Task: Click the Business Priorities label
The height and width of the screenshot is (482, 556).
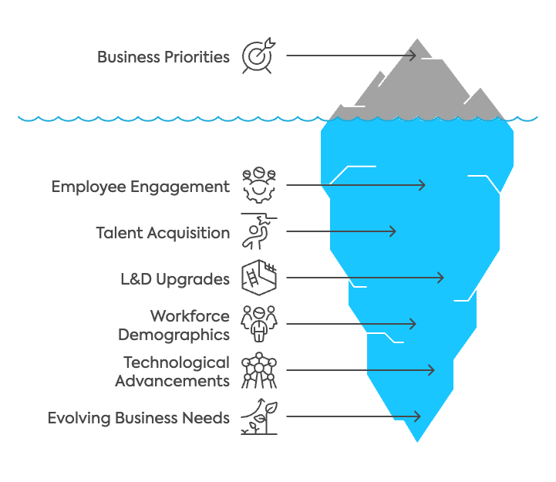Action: (x=163, y=56)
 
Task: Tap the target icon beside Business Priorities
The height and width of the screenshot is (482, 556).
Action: (x=258, y=56)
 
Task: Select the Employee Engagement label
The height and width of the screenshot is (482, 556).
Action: (x=140, y=187)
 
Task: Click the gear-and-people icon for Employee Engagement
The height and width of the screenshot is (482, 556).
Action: (x=259, y=185)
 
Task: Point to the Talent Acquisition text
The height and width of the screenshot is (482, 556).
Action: (x=163, y=232)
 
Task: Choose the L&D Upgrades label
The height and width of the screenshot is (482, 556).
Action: (x=170, y=278)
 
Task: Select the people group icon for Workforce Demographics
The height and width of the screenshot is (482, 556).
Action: (x=258, y=324)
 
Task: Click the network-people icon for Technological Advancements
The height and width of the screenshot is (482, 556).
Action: (x=258, y=371)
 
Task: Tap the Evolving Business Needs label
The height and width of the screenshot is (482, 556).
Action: (x=139, y=418)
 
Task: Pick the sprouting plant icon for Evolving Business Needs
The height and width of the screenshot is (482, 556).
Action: (x=258, y=417)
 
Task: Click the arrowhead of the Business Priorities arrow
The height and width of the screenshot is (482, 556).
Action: (x=413, y=56)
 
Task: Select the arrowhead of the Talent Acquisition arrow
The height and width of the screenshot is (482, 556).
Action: (x=393, y=231)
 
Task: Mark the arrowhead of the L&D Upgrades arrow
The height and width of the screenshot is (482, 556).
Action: (x=441, y=278)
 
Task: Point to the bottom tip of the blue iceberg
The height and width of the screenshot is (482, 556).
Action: (x=417, y=443)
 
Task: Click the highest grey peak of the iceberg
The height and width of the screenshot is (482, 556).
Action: (x=417, y=38)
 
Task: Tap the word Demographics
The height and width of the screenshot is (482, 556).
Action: (x=174, y=334)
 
